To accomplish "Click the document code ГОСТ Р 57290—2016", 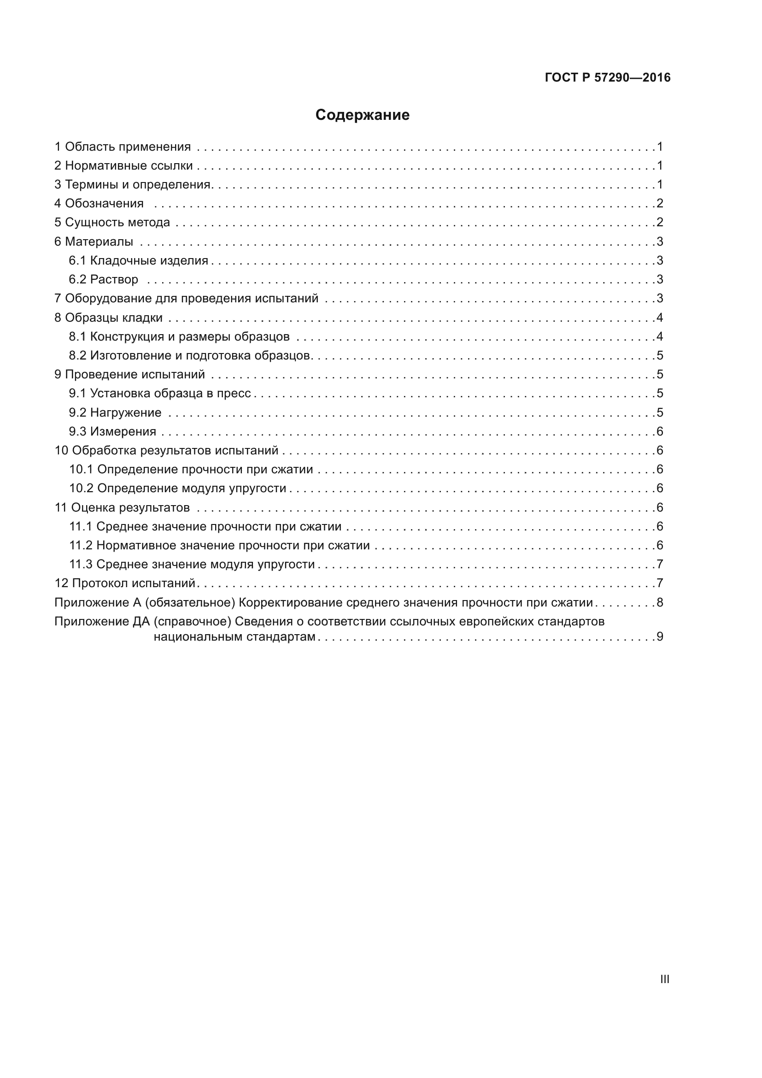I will [x=607, y=77].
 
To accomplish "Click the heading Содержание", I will [x=362, y=115].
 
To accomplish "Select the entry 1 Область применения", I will [x=123, y=147].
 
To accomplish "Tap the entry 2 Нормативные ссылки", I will [x=123, y=166].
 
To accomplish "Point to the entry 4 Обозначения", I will [x=99, y=203].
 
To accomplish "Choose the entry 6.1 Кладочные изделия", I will [x=138, y=260].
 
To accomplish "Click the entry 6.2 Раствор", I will [x=104, y=279].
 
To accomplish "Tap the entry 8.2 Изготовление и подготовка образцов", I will [x=189, y=355].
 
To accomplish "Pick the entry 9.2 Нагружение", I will [x=115, y=412].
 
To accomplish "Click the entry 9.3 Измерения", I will [x=112, y=431].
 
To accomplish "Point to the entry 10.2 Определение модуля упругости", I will [x=178, y=488].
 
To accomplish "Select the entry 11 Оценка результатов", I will [x=122, y=507].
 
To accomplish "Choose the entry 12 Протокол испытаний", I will [x=125, y=583].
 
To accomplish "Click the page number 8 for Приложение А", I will [x=660, y=602].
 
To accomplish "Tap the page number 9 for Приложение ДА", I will [x=660, y=636].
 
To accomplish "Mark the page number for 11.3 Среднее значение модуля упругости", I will [x=660, y=565].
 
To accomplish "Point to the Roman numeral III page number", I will [x=664, y=979].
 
